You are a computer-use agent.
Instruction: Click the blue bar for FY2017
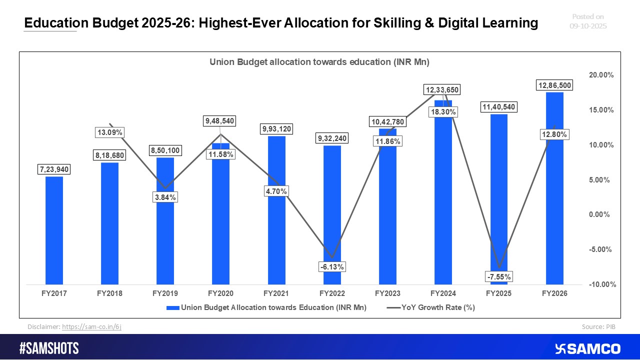tap(54, 230)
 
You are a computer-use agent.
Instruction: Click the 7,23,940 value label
tap(54, 170)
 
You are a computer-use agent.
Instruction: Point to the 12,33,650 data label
tap(442, 90)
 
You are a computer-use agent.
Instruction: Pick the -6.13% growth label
tap(332, 267)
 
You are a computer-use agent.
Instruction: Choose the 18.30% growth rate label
tap(443, 112)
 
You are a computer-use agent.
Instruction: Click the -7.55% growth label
tap(498, 276)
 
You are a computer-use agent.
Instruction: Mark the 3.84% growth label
tap(165, 197)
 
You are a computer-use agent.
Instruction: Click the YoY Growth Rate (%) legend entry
tap(431, 308)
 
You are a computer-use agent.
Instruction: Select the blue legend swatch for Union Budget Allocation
tap(172, 308)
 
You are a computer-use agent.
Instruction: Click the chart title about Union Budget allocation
tap(320, 62)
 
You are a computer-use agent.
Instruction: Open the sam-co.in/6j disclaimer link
tap(91, 326)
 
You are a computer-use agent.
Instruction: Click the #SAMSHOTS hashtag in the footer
tap(49, 348)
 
